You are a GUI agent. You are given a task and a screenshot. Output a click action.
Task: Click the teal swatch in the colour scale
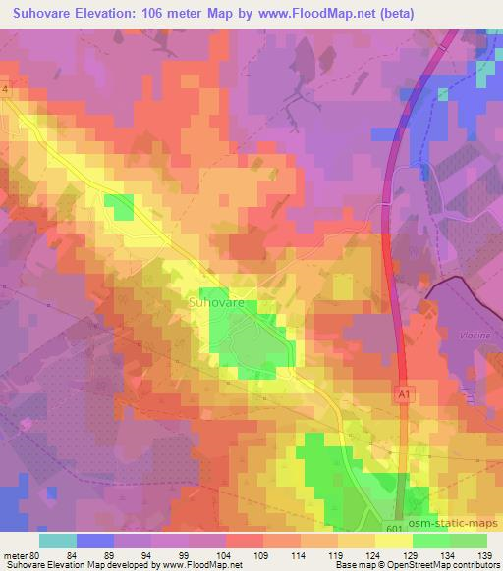(58, 540)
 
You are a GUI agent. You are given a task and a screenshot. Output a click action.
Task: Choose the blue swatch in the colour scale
(95, 540)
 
